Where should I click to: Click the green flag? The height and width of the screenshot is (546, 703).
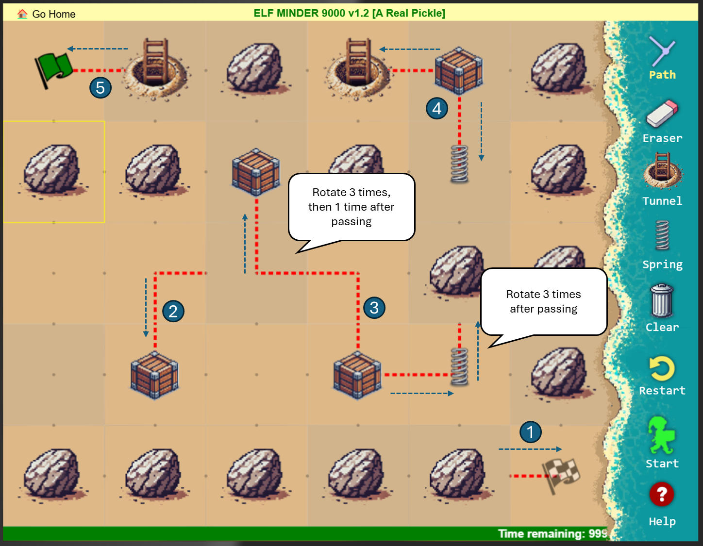pyautogui.click(x=53, y=70)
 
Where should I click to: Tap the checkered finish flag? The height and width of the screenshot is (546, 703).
pyautogui.click(x=561, y=476)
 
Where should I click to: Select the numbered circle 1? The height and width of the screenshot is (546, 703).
pyautogui.click(x=530, y=432)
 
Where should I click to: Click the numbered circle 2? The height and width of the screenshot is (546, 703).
pyautogui.click(x=173, y=311)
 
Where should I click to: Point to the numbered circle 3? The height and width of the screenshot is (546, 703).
pyautogui.click(x=374, y=308)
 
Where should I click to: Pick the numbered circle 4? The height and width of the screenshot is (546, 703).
pyautogui.click(x=436, y=108)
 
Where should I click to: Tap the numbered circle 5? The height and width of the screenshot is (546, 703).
pyautogui.click(x=100, y=88)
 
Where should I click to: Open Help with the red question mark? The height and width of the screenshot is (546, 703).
pyautogui.click(x=662, y=495)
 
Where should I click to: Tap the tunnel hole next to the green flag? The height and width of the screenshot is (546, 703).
pyautogui.click(x=154, y=70)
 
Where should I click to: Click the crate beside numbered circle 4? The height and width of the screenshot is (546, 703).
pyautogui.click(x=459, y=70)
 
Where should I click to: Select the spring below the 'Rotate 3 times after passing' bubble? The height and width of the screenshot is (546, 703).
pyautogui.click(x=459, y=366)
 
